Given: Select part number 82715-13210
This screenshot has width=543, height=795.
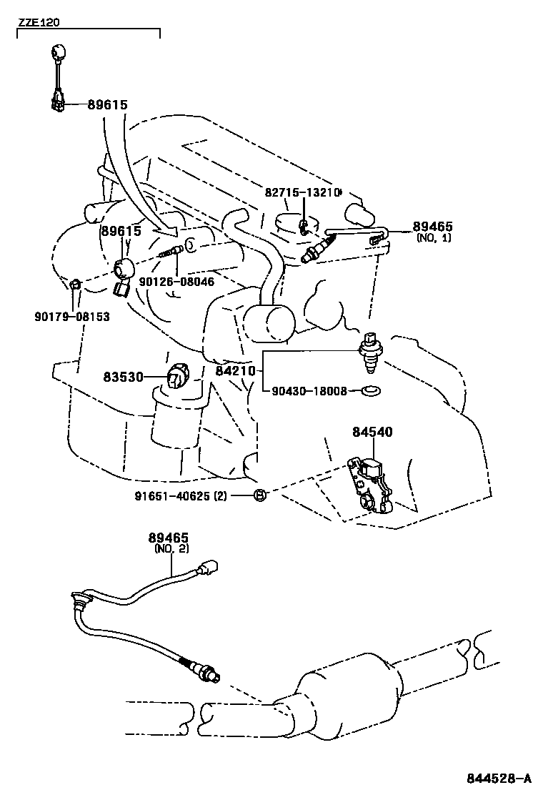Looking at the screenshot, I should (x=303, y=193).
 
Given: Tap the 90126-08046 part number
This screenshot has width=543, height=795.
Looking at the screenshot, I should (x=177, y=282).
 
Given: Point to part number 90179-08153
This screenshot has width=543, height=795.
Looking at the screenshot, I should (x=72, y=316).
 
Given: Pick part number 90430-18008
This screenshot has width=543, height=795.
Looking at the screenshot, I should (x=309, y=391).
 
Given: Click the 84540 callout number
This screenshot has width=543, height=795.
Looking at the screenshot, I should (x=372, y=432).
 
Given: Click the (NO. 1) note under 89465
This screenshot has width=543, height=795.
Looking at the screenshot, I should (x=434, y=237).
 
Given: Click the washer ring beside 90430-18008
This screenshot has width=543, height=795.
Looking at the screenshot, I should (x=371, y=391).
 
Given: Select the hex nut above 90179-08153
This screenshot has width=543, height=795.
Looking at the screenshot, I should (x=76, y=285).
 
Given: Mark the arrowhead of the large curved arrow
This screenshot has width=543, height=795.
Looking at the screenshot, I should (x=171, y=231).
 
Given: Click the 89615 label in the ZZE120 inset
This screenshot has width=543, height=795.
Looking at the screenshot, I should (x=107, y=105).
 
